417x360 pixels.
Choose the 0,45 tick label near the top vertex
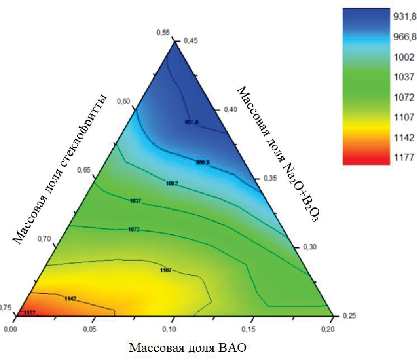[186, 42]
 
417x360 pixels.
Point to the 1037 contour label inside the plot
[136, 201]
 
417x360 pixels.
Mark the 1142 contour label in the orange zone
[70, 299]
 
